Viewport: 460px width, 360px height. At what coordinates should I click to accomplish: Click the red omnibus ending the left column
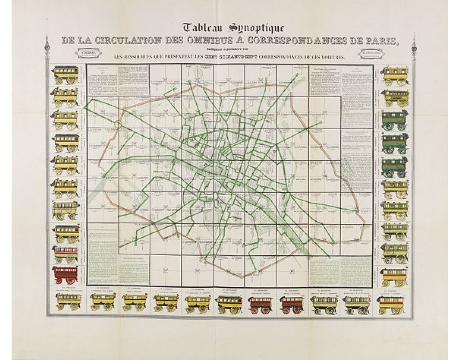coord(66,274)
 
